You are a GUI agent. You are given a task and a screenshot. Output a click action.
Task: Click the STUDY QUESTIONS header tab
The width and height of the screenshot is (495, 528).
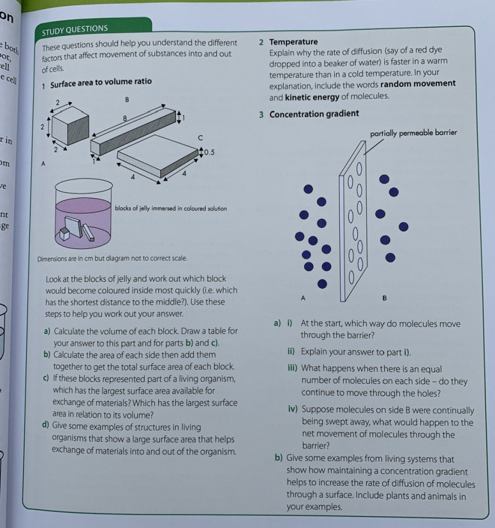coord(75,28)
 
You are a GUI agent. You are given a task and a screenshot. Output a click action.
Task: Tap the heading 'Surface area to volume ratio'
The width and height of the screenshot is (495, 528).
coord(101,81)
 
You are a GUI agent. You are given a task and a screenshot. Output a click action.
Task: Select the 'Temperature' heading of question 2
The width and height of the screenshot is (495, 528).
coord(293,42)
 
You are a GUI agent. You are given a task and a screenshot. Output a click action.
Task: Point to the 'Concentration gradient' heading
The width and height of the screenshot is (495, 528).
coord(314,113)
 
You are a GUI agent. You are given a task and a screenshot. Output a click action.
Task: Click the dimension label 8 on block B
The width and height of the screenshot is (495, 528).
coord(124,118)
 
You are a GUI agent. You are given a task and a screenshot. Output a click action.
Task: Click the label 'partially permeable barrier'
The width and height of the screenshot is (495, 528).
coord(414,133)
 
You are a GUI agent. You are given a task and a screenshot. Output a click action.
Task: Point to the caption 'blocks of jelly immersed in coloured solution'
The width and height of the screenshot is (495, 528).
coord(171,208)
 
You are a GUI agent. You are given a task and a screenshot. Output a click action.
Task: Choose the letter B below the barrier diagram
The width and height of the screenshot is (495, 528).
coord(384,298)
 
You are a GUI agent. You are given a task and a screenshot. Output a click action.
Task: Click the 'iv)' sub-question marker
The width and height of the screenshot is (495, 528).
coord(293,410)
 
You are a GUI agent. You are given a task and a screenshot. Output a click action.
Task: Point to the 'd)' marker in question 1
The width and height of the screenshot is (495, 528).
coord(45,426)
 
